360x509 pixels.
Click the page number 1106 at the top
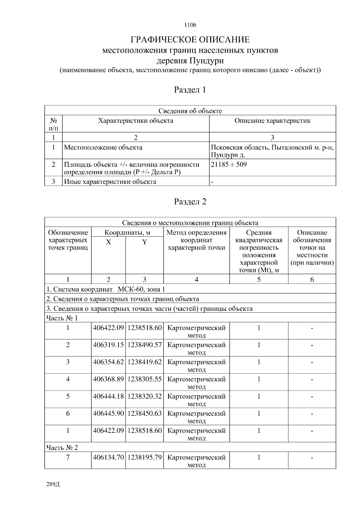coord(190,25)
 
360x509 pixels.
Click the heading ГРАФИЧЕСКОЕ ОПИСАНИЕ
coord(190,40)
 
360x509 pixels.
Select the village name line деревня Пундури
coord(190,61)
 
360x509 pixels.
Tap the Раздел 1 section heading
coord(190,90)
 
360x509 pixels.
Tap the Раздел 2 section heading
coord(190,202)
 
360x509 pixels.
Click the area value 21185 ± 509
coord(229,164)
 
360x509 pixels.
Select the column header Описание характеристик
coord(272,121)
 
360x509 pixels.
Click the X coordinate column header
coord(108,242)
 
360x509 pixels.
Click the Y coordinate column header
coord(144,242)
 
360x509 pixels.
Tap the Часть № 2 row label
coord(62,448)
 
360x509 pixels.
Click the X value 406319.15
coord(108,345)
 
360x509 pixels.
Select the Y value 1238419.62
coord(145,362)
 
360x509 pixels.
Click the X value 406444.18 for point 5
coord(108,396)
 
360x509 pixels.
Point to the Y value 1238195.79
coord(145,457)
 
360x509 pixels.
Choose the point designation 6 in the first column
coord(68,413)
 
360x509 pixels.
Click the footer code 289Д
coord(53,484)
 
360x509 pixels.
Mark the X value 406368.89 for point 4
coord(108,379)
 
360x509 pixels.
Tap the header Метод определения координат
coord(196,240)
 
